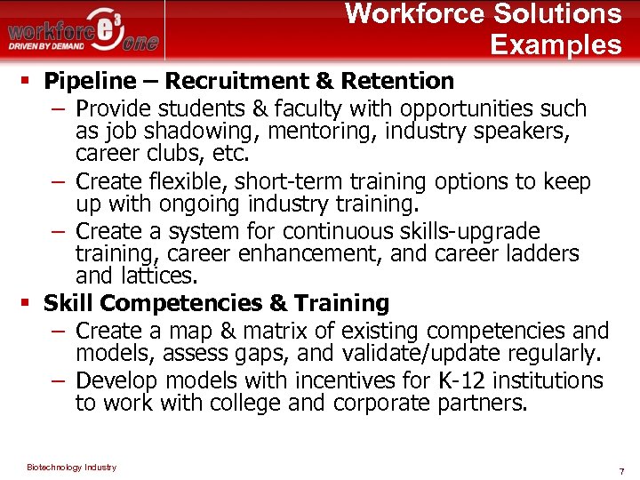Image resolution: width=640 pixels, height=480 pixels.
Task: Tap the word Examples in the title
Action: pos(556,44)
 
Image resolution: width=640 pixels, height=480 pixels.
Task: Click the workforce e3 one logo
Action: pos(84,32)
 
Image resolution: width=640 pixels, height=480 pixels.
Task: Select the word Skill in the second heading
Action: pos(68,303)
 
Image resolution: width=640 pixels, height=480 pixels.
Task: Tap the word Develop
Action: pos(117,380)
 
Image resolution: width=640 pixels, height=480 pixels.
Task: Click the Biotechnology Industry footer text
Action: pos(71,468)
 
